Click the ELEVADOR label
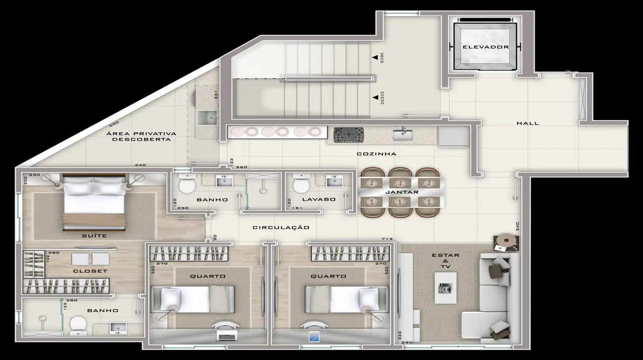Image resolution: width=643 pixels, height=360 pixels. click(485, 47)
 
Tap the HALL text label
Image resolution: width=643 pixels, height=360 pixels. click(528, 123)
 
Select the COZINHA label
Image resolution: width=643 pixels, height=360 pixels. click(377, 154)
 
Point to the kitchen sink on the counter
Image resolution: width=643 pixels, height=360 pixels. click(402, 133)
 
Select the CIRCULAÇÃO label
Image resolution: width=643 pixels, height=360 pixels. click(281, 228)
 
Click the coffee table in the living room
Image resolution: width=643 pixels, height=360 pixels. click(445, 289)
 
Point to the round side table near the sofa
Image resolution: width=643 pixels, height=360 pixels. click(505, 241)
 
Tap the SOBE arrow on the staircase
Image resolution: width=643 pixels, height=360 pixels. click(374, 57)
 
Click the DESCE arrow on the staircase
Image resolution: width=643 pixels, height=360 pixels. click(374, 97)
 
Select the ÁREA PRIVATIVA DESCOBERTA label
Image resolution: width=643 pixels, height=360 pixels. click(141, 136)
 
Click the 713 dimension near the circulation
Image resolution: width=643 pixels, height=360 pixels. click(387, 238)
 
